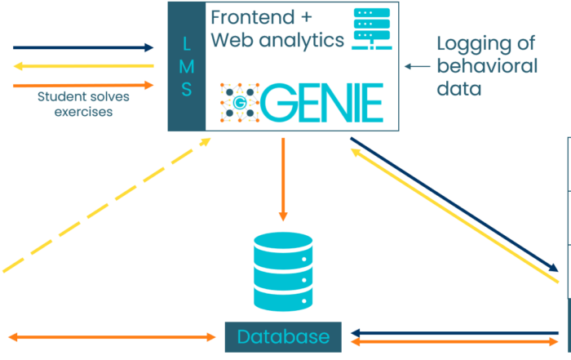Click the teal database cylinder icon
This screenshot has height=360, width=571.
coord(283,272)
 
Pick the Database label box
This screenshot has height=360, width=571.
coord(283,336)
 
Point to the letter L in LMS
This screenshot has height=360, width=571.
coord(187,40)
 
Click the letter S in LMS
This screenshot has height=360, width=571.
coord(187,89)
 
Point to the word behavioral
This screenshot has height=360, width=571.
coord(486,66)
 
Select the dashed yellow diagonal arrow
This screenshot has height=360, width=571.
coord(106,204)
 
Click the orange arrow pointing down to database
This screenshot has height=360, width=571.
coord(283,180)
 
